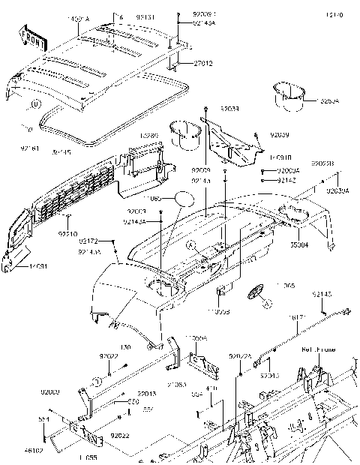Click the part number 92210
click(67, 235)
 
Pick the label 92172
click(88, 242)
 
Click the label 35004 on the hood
click(299, 244)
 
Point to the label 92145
click(322, 295)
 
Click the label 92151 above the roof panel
click(146, 16)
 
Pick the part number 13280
click(150, 136)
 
